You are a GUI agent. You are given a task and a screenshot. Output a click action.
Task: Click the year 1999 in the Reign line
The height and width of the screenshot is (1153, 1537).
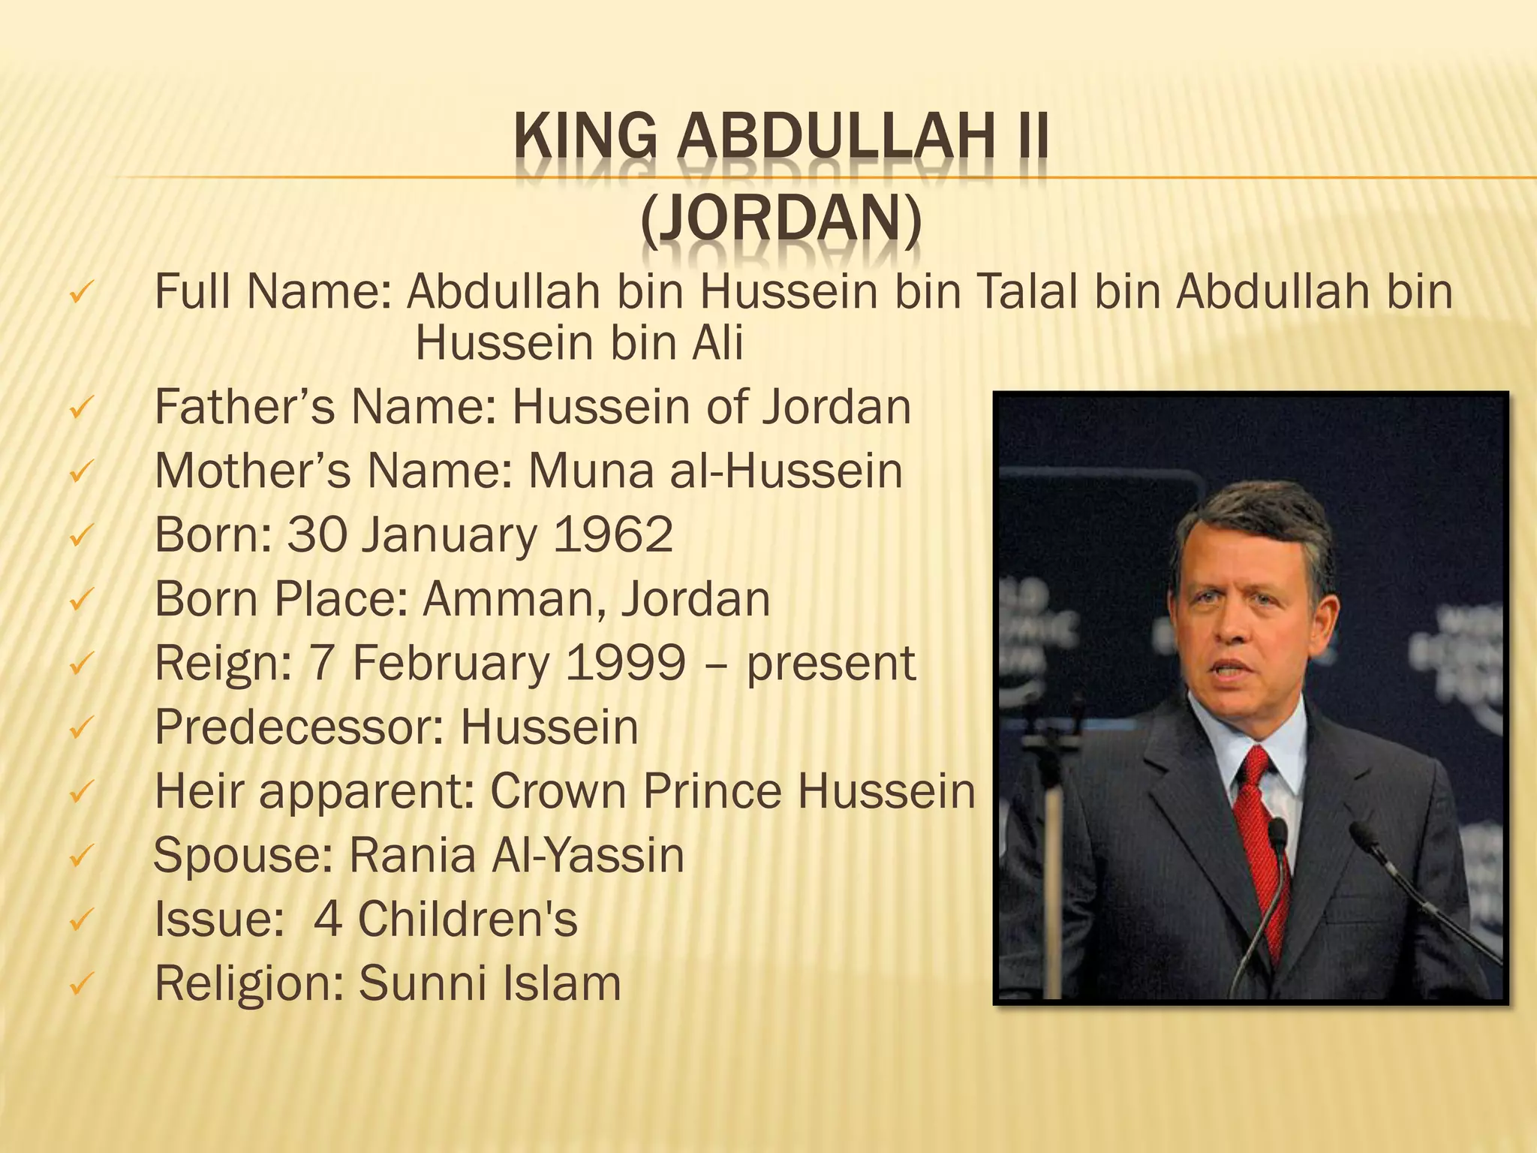click(x=625, y=664)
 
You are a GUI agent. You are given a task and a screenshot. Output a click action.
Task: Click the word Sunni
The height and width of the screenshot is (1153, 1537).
click(x=422, y=983)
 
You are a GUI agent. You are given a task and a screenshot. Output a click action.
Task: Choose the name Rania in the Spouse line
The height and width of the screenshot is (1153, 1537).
click(x=412, y=856)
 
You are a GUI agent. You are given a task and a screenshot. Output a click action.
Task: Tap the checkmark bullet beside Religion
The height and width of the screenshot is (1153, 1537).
click(x=80, y=983)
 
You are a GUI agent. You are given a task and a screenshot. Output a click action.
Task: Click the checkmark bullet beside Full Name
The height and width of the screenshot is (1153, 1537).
click(x=80, y=292)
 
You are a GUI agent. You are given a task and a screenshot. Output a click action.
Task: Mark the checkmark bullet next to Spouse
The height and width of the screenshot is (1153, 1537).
click(x=80, y=856)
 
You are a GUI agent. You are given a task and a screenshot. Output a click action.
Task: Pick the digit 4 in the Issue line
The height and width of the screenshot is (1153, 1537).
click(x=327, y=920)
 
